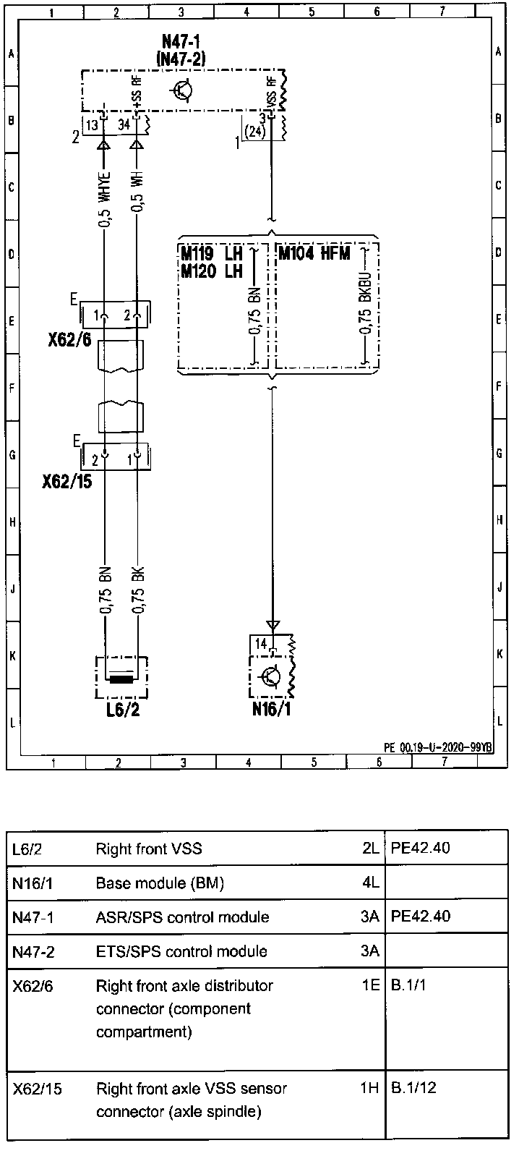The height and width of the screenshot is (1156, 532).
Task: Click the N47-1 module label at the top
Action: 181,41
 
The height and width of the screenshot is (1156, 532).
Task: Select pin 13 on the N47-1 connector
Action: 92,125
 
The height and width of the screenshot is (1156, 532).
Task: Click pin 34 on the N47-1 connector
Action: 124,125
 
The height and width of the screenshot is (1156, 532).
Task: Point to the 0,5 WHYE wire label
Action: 104,200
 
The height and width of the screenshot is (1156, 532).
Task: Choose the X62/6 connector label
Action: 69,339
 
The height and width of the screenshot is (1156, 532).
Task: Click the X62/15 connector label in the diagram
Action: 67,482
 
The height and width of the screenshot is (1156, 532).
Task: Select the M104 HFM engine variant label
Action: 314,254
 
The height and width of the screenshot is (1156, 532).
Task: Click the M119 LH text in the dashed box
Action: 211,253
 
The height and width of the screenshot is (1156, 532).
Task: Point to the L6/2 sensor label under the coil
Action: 123,710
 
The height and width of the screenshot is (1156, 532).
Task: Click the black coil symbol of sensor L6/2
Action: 121,679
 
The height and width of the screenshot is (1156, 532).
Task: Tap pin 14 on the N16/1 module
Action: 262,644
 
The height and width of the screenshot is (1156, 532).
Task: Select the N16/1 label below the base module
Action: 271,709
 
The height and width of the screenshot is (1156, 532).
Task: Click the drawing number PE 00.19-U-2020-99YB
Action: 438,747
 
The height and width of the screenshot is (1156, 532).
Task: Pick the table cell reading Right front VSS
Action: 149,849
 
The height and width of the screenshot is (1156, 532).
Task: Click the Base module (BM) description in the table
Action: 160,883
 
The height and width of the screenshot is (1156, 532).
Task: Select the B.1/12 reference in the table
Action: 413,1088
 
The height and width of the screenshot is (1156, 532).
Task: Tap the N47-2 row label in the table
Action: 33,951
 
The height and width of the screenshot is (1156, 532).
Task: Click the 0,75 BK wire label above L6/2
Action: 138,590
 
